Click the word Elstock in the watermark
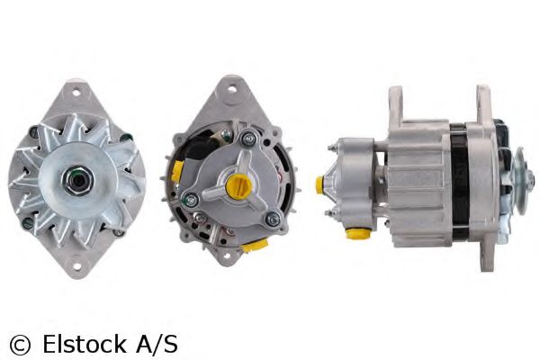[85, 344]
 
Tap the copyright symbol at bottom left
[20, 345]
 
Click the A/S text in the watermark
[157, 344]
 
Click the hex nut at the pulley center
[78, 180]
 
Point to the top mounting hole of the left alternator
[76, 92]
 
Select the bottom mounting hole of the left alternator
[76, 266]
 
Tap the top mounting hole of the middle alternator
[233, 89]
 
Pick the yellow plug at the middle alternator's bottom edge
[255, 246]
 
